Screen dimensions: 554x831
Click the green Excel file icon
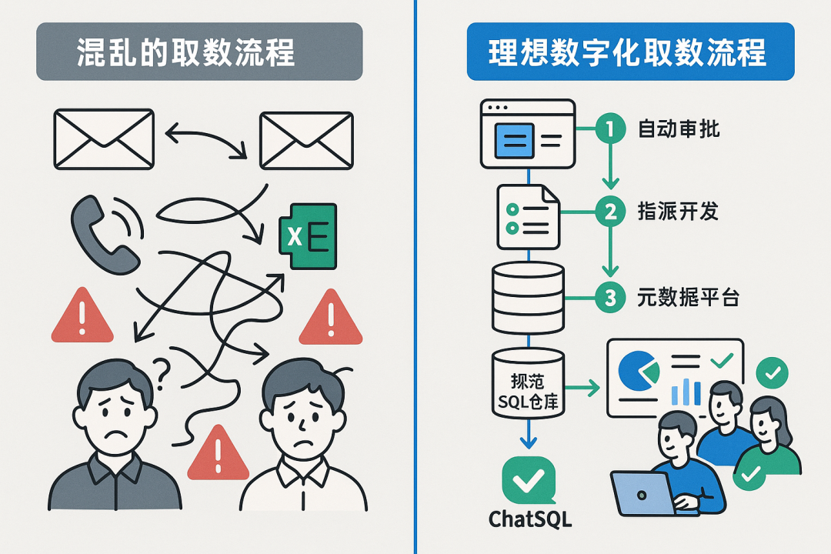pyautogui.click(x=307, y=236)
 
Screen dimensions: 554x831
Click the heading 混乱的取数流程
pyautogui.click(x=199, y=52)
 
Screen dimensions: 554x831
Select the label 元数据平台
pyautogui.click(x=688, y=297)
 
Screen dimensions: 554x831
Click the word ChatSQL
pyautogui.click(x=531, y=519)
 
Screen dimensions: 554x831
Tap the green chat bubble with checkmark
pyautogui.click(x=528, y=480)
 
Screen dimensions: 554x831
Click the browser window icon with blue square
pyautogui.click(x=527, y=134)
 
